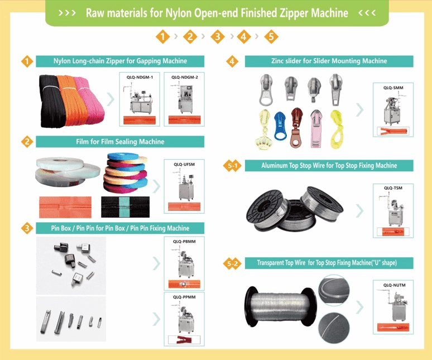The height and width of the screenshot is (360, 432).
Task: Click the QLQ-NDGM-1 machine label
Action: [x=140, y=77]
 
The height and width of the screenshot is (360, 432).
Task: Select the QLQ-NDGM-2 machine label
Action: [x=185, y=77]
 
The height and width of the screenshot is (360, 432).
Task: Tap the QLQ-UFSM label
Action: [x=184, y=165]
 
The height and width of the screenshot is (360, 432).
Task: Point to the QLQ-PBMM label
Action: [x=184, y=242]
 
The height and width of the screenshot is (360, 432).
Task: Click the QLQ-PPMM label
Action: [x=184, y=297]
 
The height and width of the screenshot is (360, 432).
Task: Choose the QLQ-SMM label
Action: [x=393, y=88]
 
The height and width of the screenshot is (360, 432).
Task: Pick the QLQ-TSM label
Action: [x=393, y=188]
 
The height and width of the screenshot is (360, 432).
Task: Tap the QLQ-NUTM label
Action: [x=394, y=285]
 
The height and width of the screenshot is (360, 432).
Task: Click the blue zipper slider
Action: [x=281, y=127]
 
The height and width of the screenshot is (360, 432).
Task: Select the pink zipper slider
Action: [x=316, y=128]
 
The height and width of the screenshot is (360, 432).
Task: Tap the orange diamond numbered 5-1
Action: [x=232, y=166]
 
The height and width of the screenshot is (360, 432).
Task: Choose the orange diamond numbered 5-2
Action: [x=232, y=263]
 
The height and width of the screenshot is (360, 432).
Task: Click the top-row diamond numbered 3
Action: [x=217, y=36]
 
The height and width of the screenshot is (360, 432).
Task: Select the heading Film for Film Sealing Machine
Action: [x=120, y=142]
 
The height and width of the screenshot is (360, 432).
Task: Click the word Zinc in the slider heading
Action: [x=277, y=61]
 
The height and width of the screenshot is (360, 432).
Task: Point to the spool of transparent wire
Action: [x=281, y=306]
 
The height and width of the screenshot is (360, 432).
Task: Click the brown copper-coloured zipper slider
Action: [x=296, y=128]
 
